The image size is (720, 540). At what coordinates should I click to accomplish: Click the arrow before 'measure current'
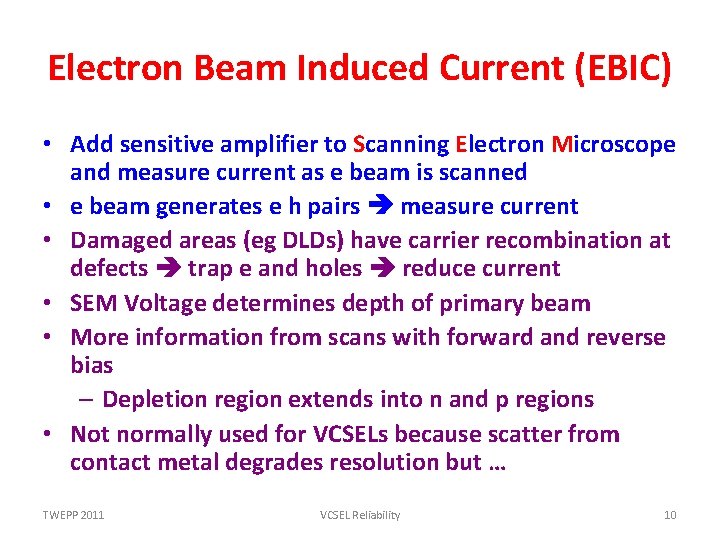(x=381, y=207)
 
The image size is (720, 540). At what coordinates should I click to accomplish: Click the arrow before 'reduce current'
(x=384, y=269)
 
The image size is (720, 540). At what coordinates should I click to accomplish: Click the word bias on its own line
(x=91, y=365)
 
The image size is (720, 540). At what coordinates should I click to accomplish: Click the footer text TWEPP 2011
(x=73, y=515)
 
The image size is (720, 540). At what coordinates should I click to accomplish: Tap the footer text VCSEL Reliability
(x=360, y=515)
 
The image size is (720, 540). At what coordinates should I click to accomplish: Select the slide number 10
(x=670, y=515)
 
